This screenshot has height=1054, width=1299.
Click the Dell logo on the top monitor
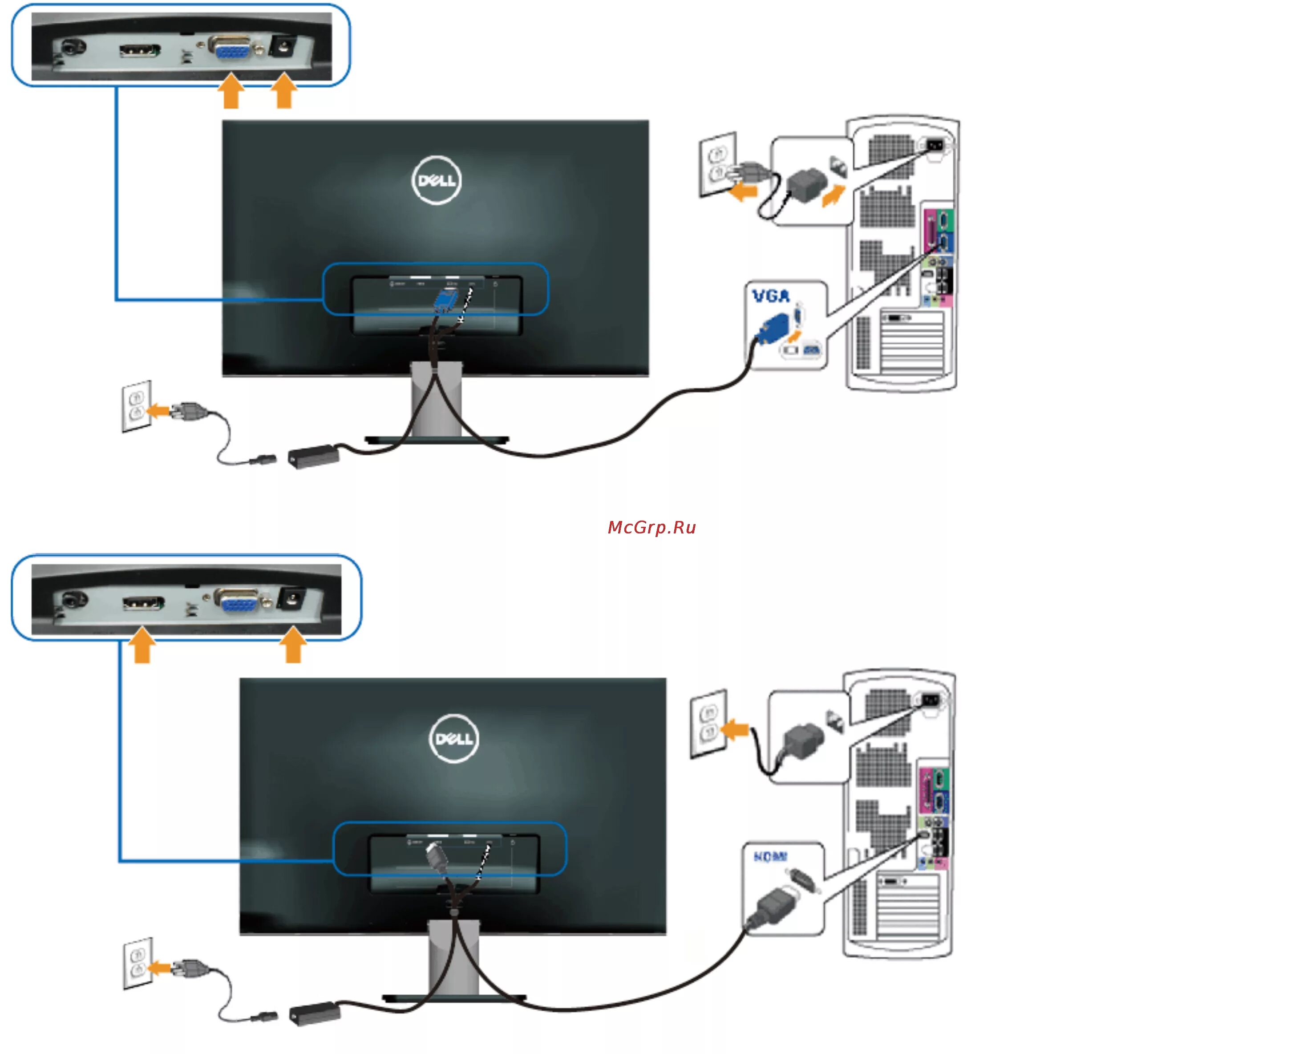tap(436, 180)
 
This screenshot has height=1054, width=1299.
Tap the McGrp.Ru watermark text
tap(651, 527)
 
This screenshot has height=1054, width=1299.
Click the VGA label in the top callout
tap(770, 296)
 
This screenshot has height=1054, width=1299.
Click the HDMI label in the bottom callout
tap(770, 856)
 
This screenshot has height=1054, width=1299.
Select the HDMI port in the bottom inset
tap(143, 603)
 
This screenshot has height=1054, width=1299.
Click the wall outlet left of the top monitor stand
tap(137, 406)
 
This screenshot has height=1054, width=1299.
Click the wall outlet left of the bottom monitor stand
tap(138, 962)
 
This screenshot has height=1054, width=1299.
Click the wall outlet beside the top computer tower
tap(717, 164)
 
